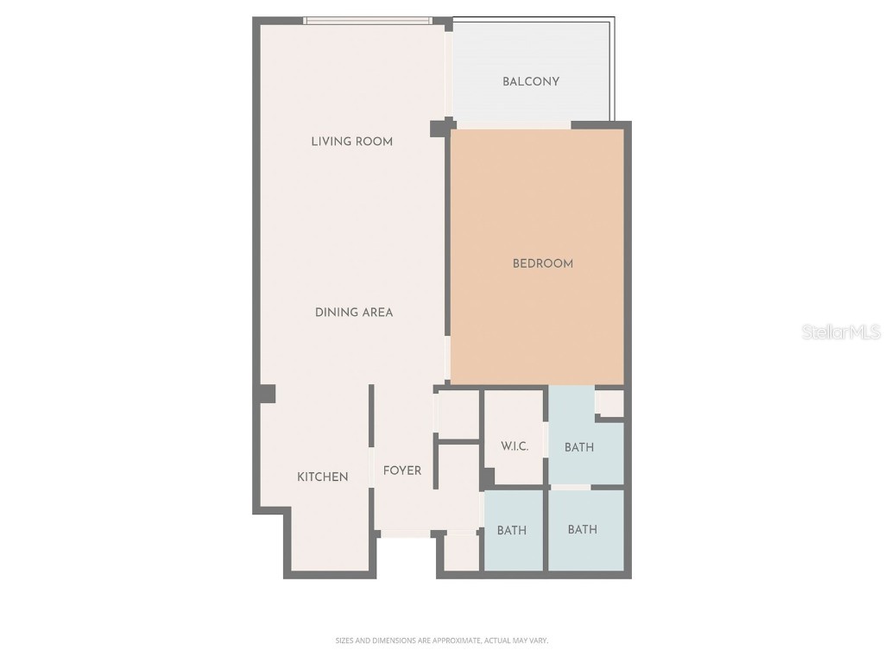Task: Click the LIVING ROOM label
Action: [x=351, y=142]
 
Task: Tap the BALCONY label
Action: [x=531, y=82]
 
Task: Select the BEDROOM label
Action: [x=543, y=263]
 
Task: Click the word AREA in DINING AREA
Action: [x=376, y=313]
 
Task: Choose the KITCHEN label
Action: [x=323, y=477]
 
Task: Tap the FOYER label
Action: [x=402, y=470]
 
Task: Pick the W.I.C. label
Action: [x=515, y=447]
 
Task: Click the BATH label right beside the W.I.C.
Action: [x=579, y=447]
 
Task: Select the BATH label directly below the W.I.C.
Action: [x=512, y=530]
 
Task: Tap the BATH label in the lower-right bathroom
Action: [x=583, y=529]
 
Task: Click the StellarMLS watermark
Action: [x=841, y=331]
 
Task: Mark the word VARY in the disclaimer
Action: [x=539, y=641]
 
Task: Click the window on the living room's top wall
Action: [x=368, y=21]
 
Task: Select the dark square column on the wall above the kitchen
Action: [x=266, y=394]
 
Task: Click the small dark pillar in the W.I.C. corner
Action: [x=488, y=477]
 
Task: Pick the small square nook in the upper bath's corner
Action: [x=610, y=403]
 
